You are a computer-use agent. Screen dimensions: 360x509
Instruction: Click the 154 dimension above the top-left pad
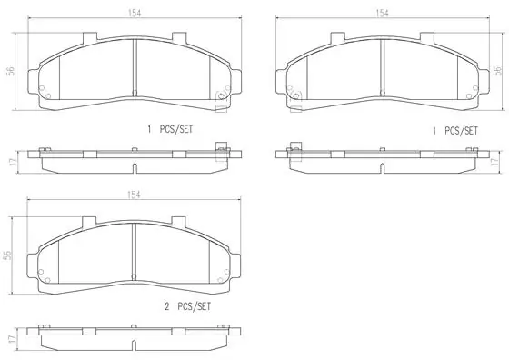[134, 14]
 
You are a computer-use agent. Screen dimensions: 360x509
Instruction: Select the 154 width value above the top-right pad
[383, 14]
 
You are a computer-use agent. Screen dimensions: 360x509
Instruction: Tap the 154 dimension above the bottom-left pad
[134, 195]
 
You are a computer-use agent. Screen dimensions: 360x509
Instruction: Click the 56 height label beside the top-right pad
[496, 73]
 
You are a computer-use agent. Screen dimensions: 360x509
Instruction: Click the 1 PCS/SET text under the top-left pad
[168, 131]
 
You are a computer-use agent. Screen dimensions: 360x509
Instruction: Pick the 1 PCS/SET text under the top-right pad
[454, 131]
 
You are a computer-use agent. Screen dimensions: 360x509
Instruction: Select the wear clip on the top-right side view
[296, 151]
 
